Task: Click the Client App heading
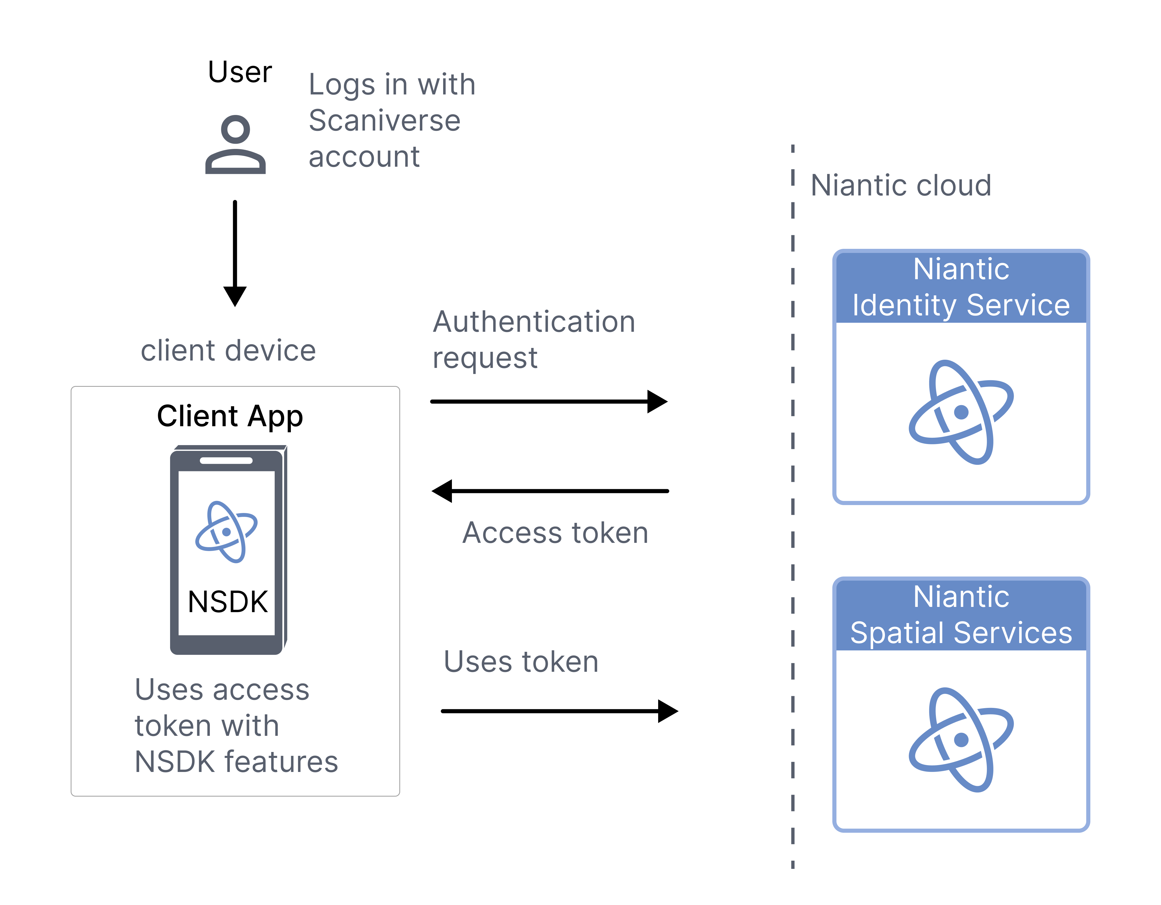click(x=230, y=416)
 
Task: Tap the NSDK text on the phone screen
click(x=228, y=602)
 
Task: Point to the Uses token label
click(x=521, y=662)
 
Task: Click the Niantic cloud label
click(x=901, y=186)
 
